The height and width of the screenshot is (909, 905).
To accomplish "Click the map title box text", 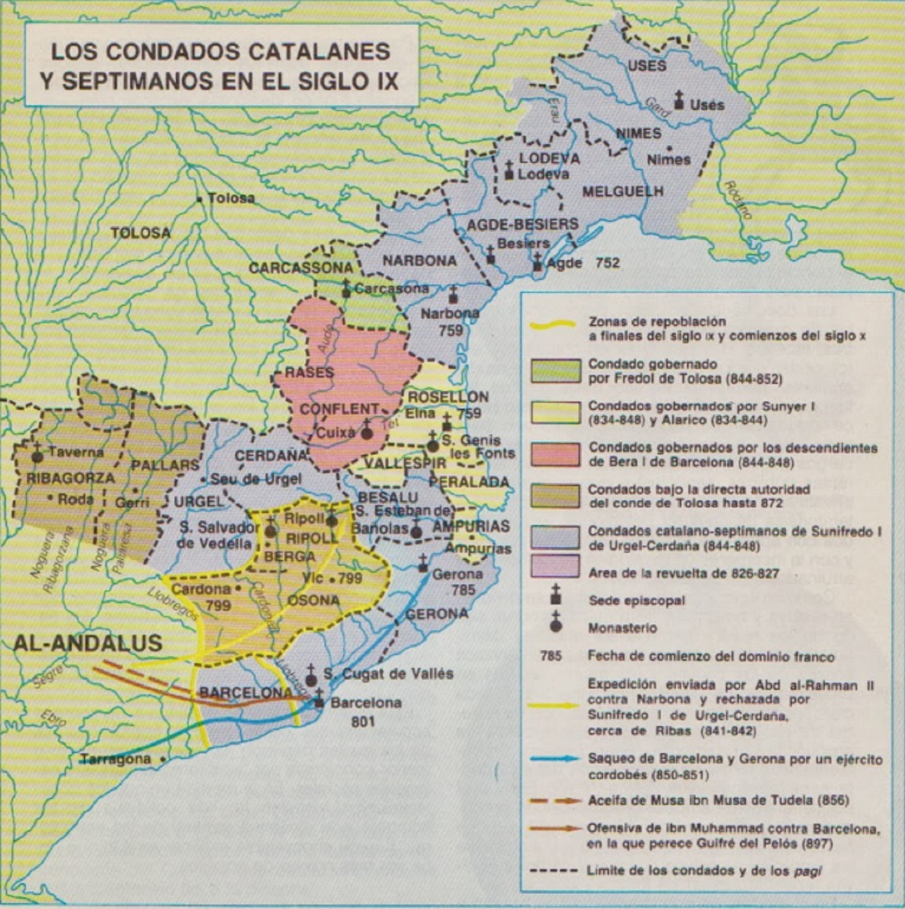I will pos(220,66).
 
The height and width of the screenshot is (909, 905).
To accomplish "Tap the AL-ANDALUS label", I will pos(88,643).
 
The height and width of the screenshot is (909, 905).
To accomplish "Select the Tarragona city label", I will pos(116,759).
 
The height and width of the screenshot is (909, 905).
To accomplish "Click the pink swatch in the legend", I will pos(555,455).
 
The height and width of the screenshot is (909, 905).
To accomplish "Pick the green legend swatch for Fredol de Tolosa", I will pos(555,371).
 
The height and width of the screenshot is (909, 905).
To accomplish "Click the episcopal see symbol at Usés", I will pos(678,100).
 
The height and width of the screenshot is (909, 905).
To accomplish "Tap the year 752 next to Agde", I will pos(608,263).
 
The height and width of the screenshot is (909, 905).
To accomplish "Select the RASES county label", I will pos(310,372).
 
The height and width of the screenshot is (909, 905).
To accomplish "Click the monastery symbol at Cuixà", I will pos(367,431).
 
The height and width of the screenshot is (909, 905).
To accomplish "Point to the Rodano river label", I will pos(738,200).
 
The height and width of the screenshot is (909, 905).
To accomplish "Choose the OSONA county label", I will pos(314,601).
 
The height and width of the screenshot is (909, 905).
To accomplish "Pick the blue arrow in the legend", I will pos(555,759).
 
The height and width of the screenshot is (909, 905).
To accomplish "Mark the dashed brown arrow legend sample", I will pos(555,800).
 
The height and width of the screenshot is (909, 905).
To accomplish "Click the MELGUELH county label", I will pos(623,191).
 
